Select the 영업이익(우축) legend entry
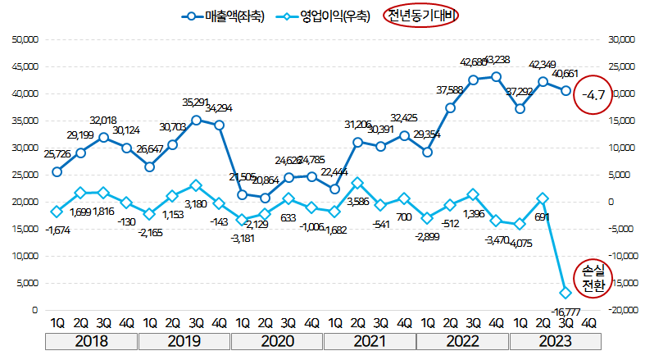tap(323, 16)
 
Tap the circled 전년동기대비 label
tap(421, 16)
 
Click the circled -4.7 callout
tap(593, 95)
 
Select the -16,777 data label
tap(561, 310)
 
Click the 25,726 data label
tap(57, 153)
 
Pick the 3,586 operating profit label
tap(357, 201)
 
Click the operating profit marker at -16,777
tap(566, 293)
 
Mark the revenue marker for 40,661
tap(566, 90)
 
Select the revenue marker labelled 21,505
tap(243, 194)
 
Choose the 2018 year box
tap(92, 341)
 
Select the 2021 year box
tap(369, 341)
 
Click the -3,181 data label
tap(243, 239)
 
